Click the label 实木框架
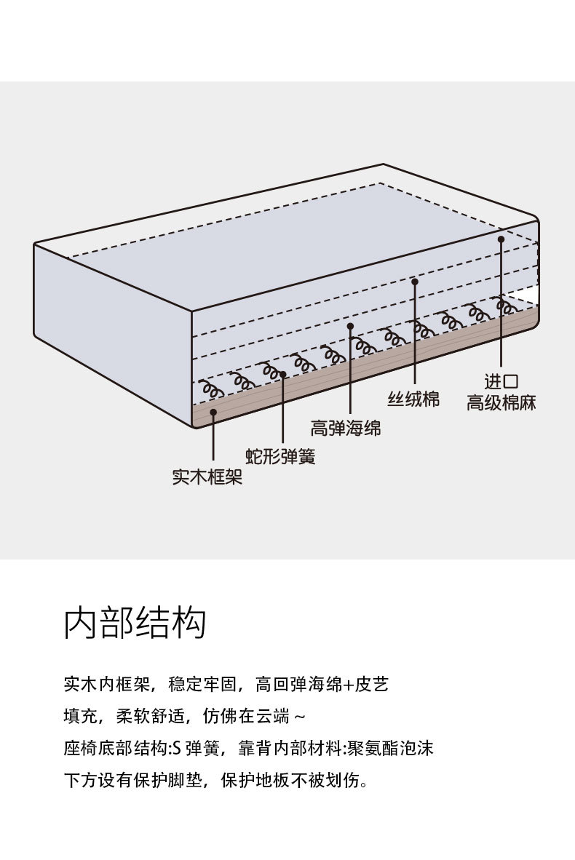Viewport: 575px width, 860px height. click(x=207, y=477)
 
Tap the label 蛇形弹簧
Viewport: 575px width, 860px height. click(x=280, y=455)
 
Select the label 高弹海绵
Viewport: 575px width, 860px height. click(x=346, y=428)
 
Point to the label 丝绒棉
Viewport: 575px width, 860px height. click(x=413, y=399)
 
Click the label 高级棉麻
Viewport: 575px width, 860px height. click(x=501, y=402)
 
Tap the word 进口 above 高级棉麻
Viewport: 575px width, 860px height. click(x=501, y=381)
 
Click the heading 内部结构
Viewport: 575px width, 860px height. click(x=135, y=623)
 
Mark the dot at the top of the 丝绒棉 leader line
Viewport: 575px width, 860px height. click(x=415, y=282)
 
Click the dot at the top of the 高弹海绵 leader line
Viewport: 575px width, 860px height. click(x=350, y=326)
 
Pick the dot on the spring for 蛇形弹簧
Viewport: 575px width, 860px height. click(x=283, y=375)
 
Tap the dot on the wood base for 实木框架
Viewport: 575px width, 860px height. click(x=213, y=411)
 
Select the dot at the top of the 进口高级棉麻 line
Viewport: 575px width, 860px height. click(x=501, y=239)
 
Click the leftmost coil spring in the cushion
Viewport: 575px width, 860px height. click(x=211, y=389)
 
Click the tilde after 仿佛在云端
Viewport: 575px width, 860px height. click(x=300, y=716)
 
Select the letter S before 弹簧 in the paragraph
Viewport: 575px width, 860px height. click(x=177, y=748)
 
